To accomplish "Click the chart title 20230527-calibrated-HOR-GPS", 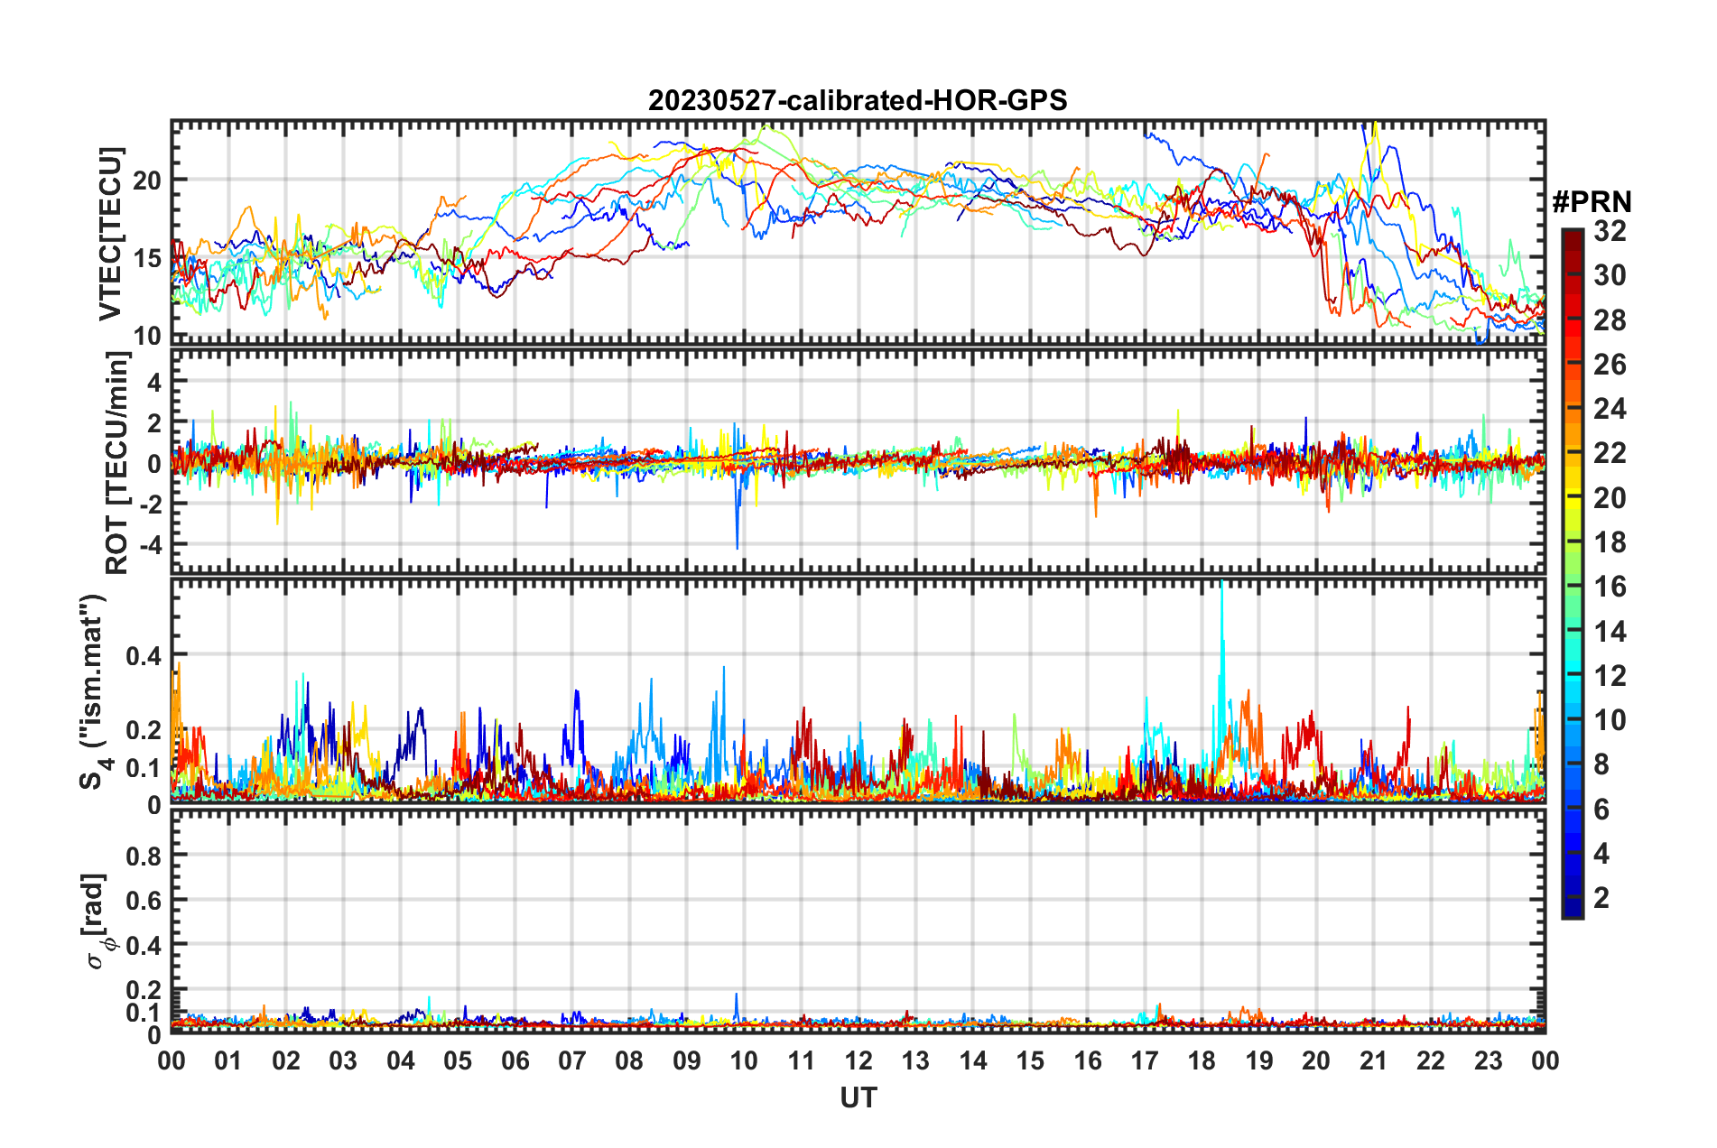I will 858,99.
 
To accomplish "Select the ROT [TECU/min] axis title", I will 116,463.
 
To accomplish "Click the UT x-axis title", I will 858,1097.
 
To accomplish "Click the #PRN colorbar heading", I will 1592,202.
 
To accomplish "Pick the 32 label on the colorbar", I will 1609,231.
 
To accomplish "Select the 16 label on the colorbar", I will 1609,587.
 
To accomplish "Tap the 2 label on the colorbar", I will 1601,897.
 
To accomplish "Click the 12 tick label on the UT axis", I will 858,1060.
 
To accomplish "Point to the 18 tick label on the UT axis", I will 1202,1060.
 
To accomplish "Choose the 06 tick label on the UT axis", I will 515,1060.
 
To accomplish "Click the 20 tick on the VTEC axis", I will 147,181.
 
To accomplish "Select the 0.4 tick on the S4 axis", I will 144,655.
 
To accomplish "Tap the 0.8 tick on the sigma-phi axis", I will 144,856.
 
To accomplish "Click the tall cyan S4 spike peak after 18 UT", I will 1221,585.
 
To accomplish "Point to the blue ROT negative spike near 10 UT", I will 737,546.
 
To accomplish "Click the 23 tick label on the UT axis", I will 1488,1060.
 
